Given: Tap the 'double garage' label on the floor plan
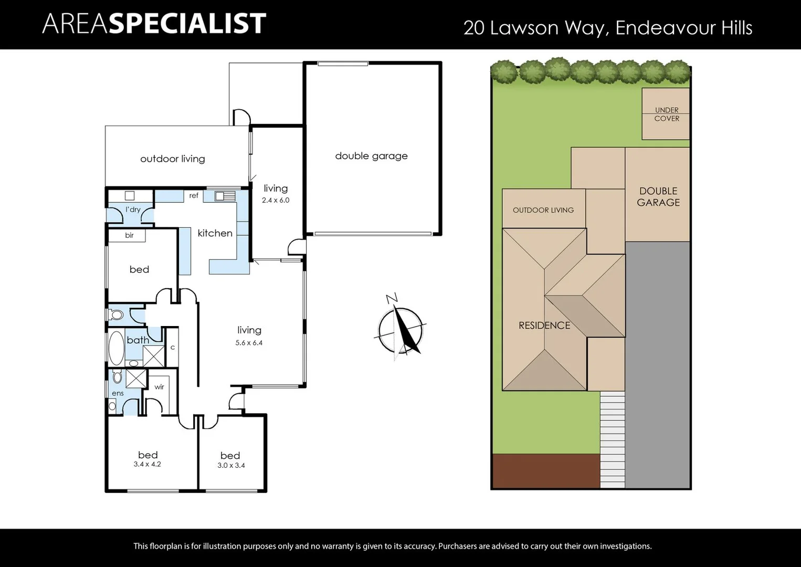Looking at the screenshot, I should (x=371, y=156).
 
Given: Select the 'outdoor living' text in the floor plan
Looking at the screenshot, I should (x=172, y=159).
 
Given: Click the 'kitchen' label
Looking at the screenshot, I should (x=215, y=233).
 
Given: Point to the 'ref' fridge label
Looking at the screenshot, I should (x=194, y=196).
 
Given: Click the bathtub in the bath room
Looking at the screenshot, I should (x=116, y=348).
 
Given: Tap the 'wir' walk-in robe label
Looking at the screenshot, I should (x=159, y=387).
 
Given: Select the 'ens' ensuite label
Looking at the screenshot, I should (x=118, y=393).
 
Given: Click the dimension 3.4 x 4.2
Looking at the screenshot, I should (x=147, y=465).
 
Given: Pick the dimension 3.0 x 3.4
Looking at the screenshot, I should (x=231, y=466).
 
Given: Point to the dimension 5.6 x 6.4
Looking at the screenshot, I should (x=249, y=343).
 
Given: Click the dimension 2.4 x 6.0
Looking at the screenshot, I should (x=276, y=200).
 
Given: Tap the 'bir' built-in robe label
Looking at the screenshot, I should (x=129, y=235).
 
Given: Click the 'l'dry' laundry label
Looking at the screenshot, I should (x=133, y=209).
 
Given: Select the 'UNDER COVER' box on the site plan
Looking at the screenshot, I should (x=666, y=114).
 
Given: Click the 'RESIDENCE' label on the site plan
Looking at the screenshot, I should (x=544, y=325).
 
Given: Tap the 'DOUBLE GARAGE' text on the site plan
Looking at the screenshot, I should (x=658, y=197).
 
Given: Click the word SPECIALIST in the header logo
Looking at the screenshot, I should (x=187, y=24).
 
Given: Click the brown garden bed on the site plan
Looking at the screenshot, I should (x=545, y=471).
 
